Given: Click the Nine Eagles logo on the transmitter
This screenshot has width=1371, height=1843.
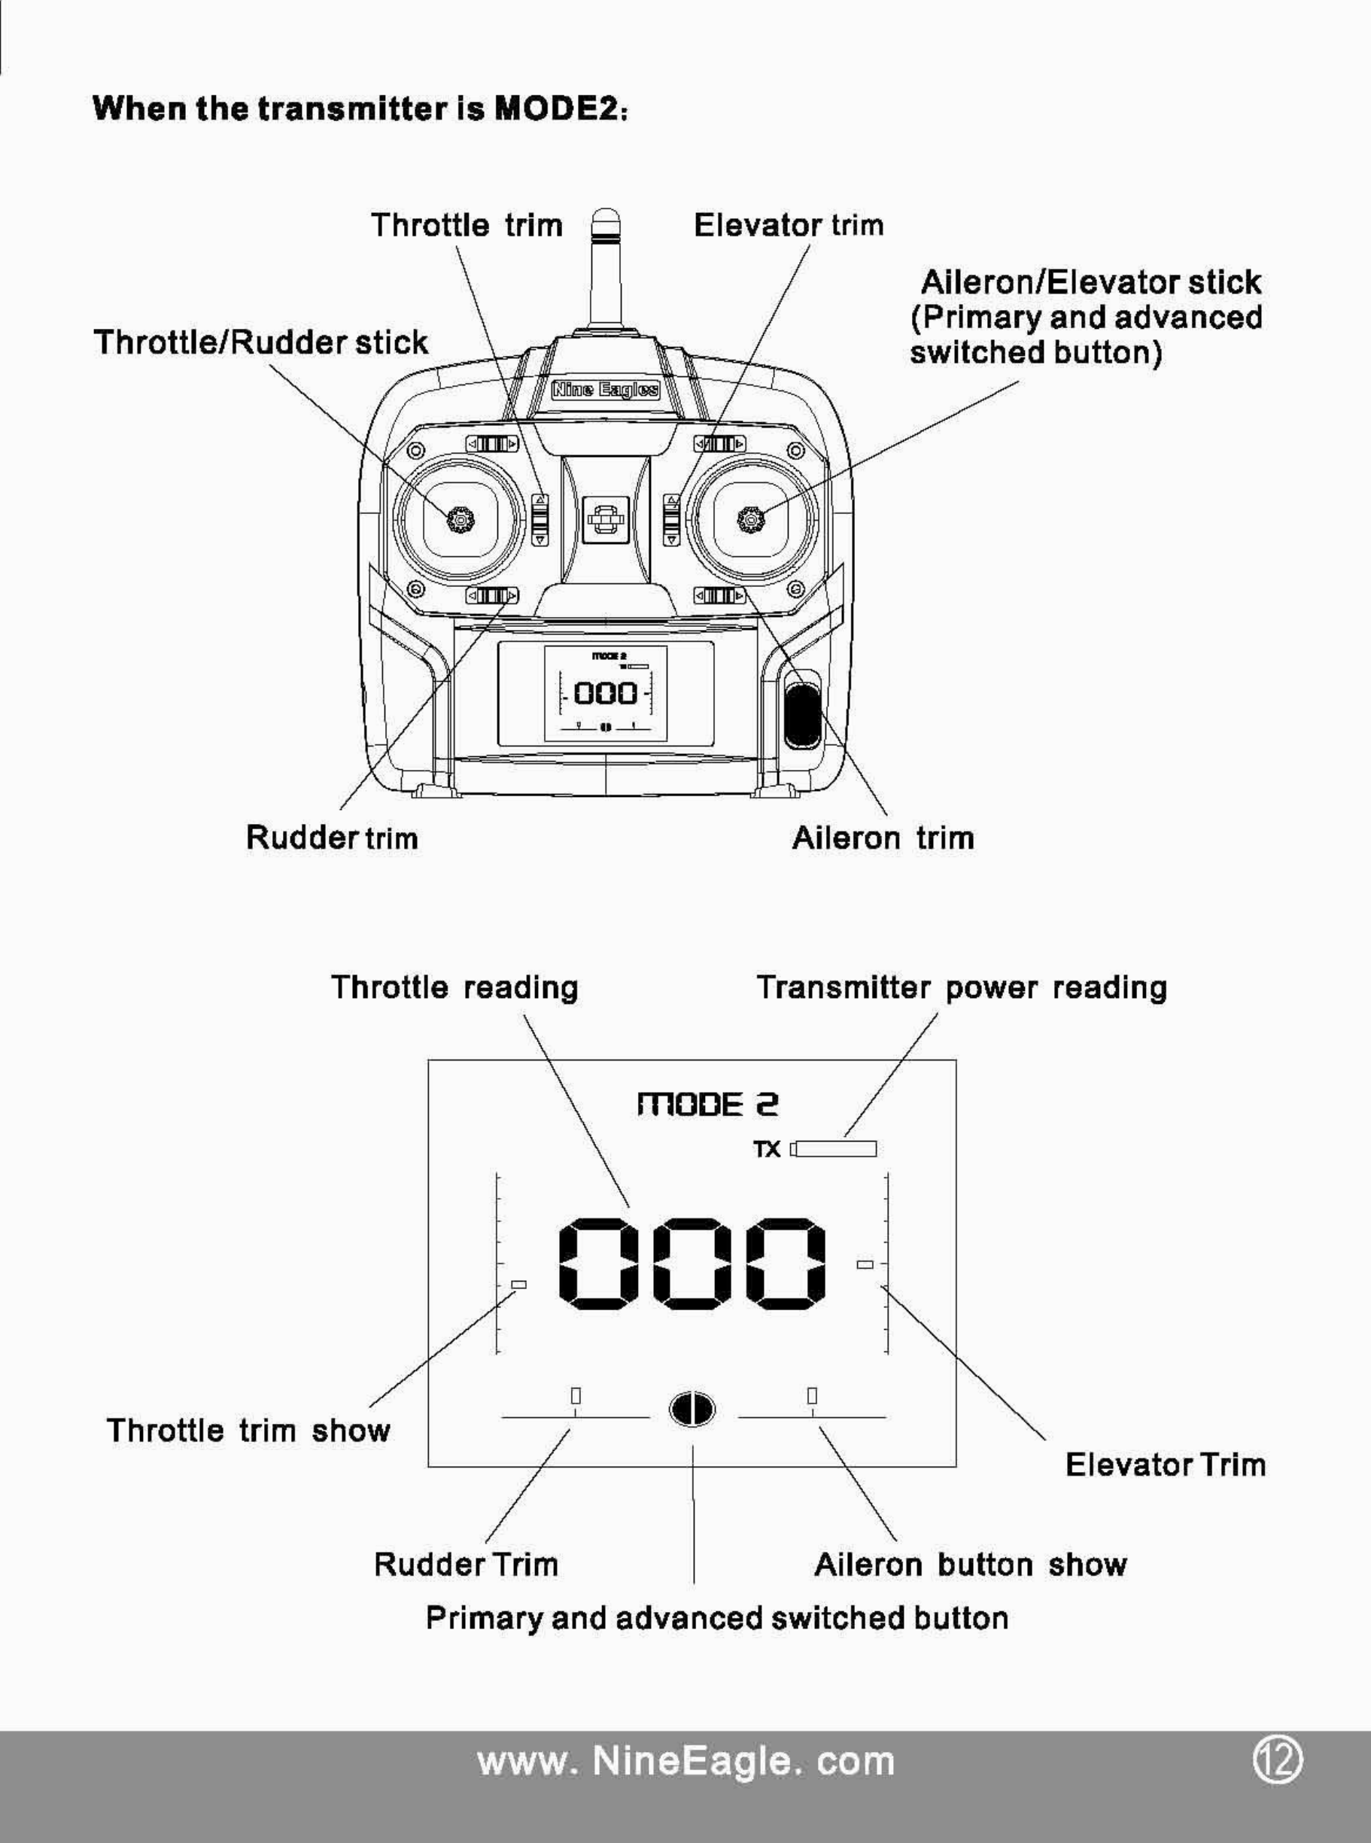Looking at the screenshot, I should [606, 389].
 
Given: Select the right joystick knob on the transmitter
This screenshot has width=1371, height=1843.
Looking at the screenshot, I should [751, 519].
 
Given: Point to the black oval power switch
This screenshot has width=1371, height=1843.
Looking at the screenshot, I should [801, 714].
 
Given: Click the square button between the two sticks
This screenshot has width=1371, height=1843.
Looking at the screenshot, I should [605, 520].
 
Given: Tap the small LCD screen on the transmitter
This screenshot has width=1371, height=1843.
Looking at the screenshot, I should [605, 694].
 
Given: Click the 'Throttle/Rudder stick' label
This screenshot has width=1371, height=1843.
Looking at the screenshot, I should [260, 342].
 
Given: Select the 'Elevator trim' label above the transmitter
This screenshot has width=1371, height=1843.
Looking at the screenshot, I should [789, 225].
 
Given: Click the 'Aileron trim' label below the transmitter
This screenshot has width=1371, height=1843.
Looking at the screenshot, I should [883, 838].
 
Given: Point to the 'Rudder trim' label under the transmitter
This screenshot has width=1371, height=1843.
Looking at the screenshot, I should [332, 838].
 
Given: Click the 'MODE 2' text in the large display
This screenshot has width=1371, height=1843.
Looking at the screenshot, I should [708, 1105].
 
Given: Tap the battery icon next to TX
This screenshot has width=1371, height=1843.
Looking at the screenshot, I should [833, 1148].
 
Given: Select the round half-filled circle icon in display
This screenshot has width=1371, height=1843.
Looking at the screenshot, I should [692, 1408].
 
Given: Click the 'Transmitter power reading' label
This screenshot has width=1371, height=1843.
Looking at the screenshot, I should [961, 987].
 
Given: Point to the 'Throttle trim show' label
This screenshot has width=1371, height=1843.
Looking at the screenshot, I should [248, 1430].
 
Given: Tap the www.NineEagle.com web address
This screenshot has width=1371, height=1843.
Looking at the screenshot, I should [686, 1761].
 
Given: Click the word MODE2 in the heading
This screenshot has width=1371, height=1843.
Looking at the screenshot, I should [556, 108].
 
